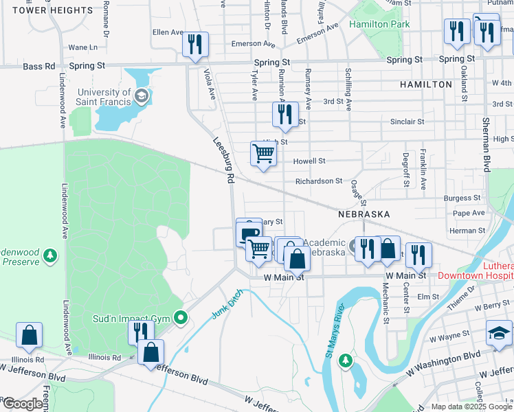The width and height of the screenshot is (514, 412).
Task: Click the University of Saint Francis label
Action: tap(104, 97)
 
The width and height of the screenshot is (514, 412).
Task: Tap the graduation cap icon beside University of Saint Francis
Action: tap(142, 96)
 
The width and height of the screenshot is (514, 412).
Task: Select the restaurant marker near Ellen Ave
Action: tap(195, 45)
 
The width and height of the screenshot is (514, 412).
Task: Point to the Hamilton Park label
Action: tap(379, 24)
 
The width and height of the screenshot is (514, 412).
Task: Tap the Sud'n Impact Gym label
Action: tap(131, 319)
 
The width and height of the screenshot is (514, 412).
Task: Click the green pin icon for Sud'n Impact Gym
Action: tap(181, 317)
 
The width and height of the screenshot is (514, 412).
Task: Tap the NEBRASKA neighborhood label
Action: tap(364, 214)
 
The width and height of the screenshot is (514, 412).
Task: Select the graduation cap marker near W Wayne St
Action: tap(499, 333)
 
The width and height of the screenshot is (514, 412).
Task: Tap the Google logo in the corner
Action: tap(22, 404)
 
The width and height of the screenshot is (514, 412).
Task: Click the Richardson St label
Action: tap(319, 181)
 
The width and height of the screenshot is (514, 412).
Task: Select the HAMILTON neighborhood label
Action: tap(426, 84)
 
